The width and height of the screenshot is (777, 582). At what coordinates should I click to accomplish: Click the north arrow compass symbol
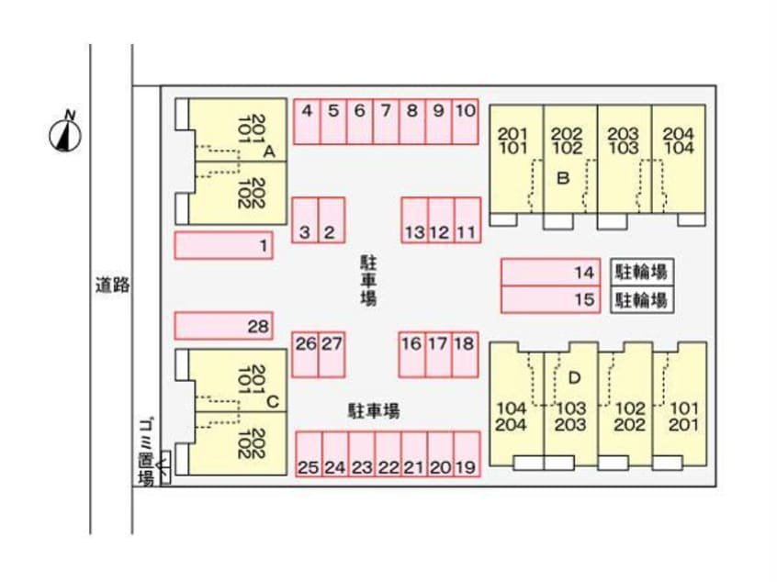pyautogui.click(x=65, y=134)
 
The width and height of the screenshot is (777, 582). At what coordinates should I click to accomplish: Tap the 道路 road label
pyautogui.click(x=112, y=285)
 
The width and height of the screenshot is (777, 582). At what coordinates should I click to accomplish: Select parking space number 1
pyautogui.click(x=223, y=245)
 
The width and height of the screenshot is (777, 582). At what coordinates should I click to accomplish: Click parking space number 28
pyautogui.click(x=223, y=326)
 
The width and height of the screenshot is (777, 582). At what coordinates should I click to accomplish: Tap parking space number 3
pyautogui.click(x=305, y=220)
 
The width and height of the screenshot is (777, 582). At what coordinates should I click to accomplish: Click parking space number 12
pyautogui.click(x=440, y=220)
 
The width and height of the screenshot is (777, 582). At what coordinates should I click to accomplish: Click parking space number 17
pyautogui.click(x=439, y=355)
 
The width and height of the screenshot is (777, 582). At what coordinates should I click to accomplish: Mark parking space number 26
pyautogui.click(x=305, y=355)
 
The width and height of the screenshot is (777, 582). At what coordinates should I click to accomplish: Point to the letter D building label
pyautogui.click(x=575, y=376)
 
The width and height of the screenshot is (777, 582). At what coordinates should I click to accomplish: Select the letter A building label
pyautogui.click(x=269, y=150)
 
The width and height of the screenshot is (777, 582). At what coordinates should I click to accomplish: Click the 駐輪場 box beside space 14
pyautogui.click(x=639, y=272)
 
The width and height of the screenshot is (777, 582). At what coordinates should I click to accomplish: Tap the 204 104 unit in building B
pyautogui.click(x=678, y=140)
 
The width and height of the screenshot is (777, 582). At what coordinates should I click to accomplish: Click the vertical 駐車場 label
pyautogui.click(x=367, y=280)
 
